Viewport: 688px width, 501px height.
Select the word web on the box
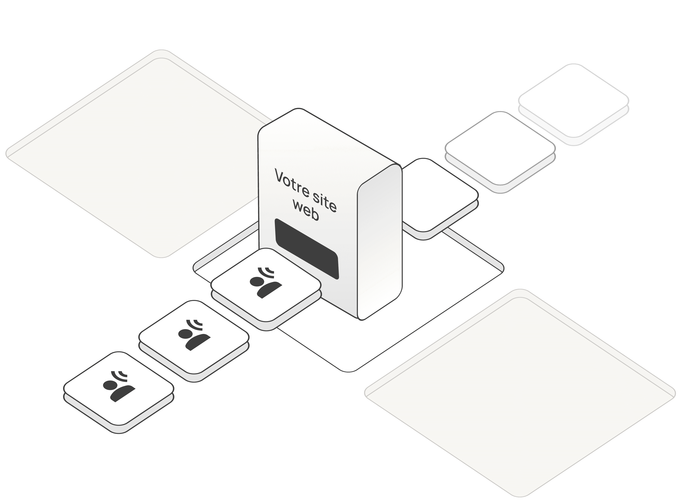click(306, 211)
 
